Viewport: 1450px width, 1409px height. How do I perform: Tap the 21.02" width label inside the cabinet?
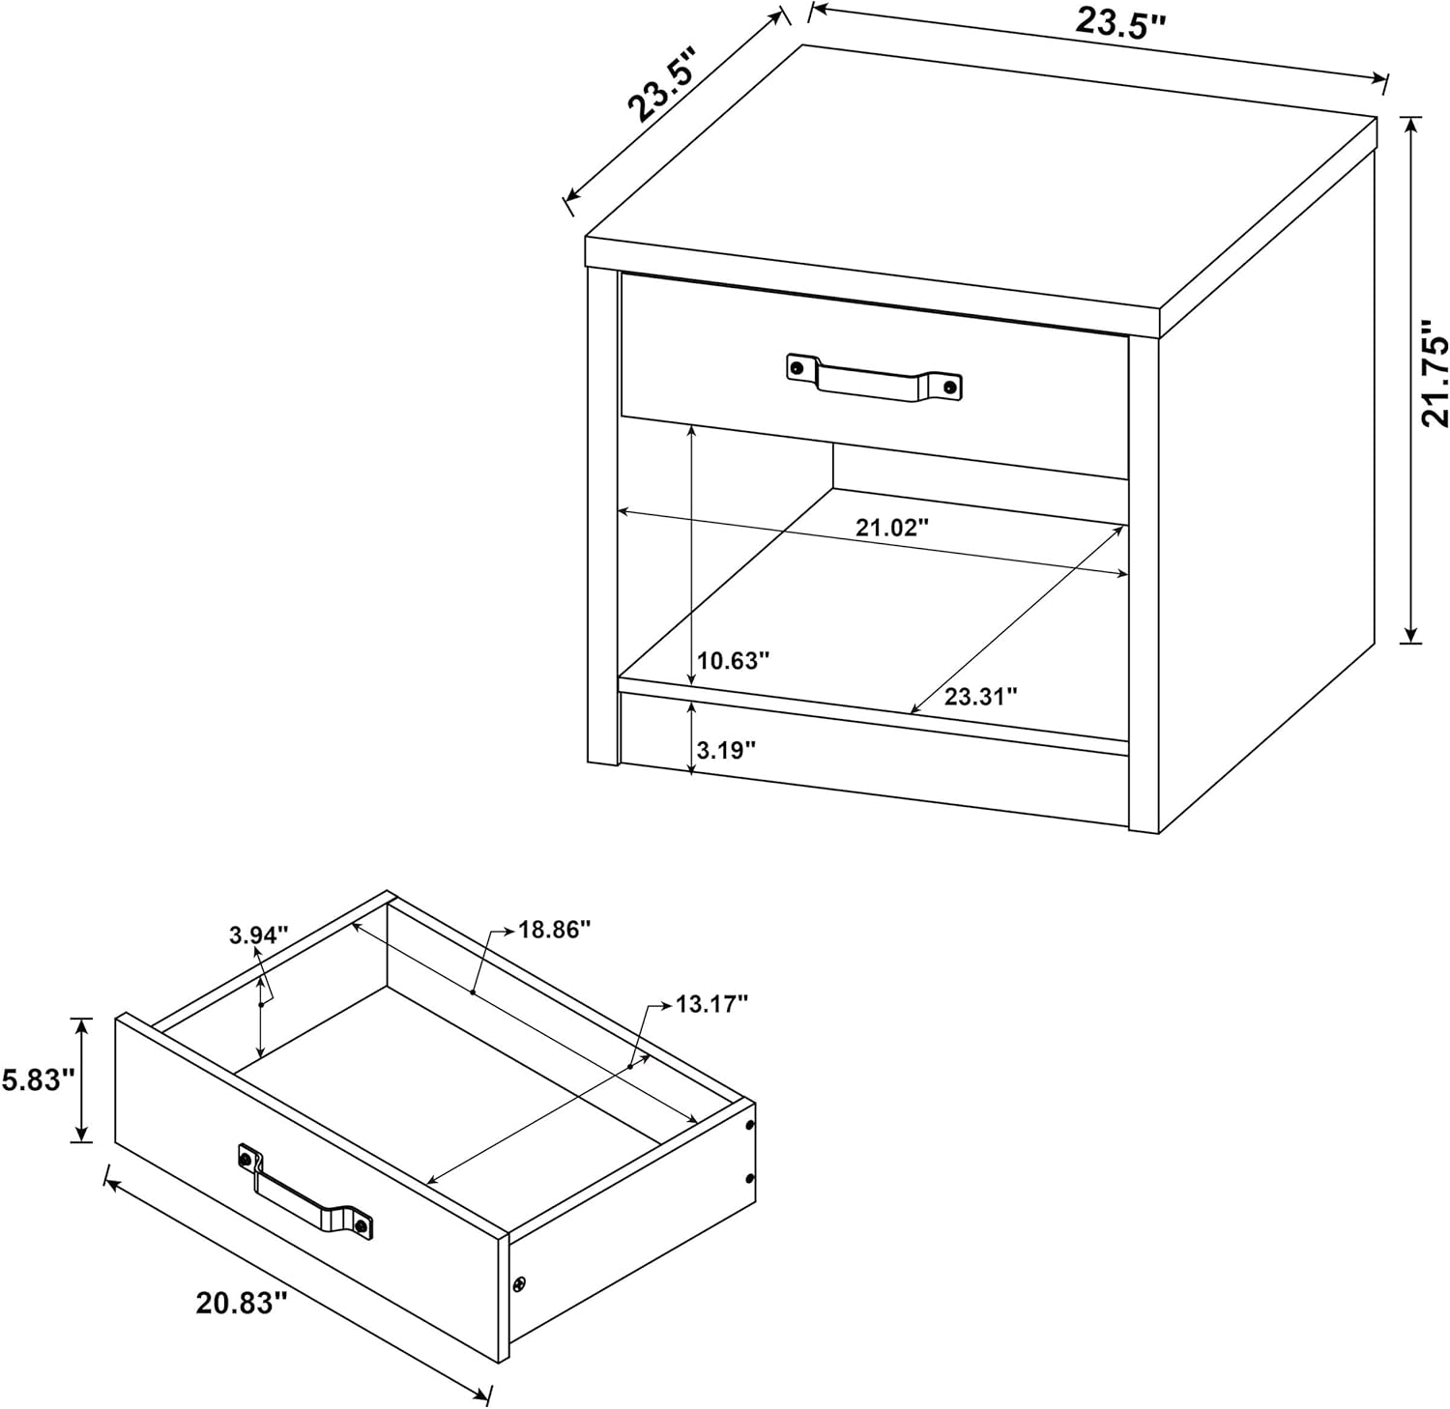pos(891,528)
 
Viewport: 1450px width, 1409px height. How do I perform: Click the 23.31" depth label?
pos(981,696)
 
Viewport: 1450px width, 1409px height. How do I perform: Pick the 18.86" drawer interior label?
pos(555,929)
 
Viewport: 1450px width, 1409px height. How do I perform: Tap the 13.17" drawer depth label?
pos(712,1004)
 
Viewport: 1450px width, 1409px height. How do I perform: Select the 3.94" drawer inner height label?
pos(259,935)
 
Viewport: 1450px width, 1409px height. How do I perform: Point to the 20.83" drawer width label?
pos(243,1303)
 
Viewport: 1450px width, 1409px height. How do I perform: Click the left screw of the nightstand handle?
pos(797,367)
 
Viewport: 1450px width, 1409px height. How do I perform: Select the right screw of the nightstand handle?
pos(949,388)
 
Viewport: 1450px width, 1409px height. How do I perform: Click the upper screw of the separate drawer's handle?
pos(246,1157)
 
